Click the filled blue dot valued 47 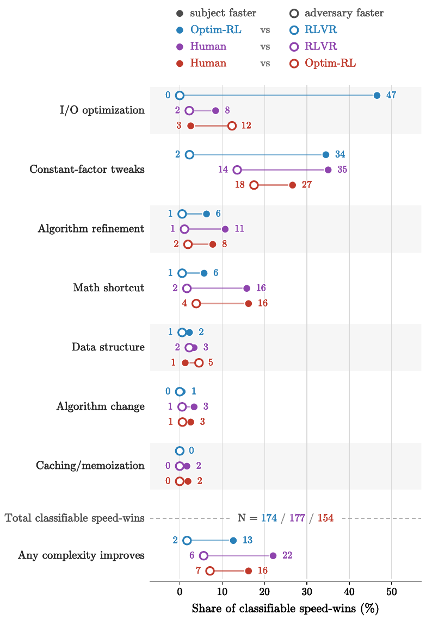377,95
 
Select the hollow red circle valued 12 232,126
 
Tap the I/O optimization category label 102,110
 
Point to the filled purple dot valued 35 328,170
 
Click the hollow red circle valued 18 254,185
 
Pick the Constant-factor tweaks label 87,170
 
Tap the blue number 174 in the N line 269,518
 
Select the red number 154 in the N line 325,518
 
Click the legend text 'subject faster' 223,13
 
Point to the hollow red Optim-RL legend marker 294,64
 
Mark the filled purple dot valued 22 273,555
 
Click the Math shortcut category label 109,288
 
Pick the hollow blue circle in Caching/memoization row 180,451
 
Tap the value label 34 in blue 340,154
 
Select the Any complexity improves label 82,555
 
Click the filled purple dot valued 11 225,229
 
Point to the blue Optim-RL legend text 216,30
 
